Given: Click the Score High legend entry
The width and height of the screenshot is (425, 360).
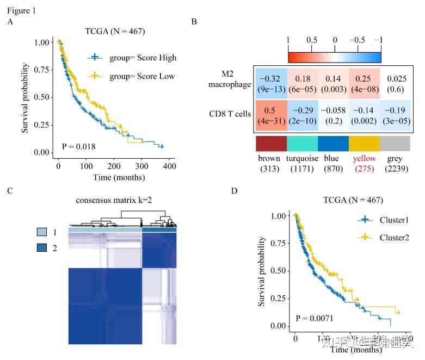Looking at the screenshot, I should (132, 58).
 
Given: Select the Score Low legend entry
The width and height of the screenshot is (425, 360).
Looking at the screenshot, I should (132, 76).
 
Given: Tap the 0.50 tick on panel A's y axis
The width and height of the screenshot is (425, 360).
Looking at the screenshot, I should (43, 97).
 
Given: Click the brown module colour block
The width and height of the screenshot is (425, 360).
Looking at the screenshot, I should (270, 143).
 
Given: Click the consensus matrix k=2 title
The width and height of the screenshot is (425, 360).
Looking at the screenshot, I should (122, 200).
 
